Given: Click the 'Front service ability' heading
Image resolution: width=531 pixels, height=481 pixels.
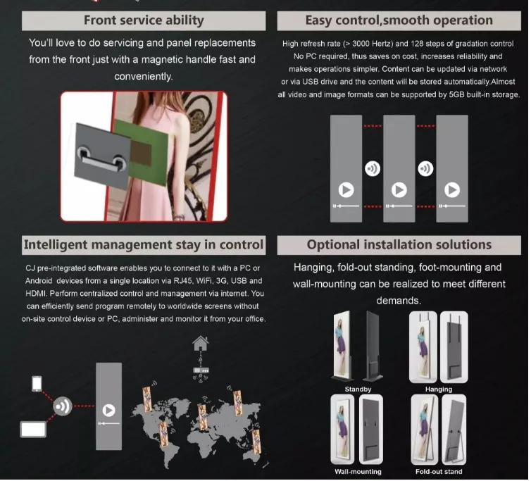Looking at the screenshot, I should (144, 20).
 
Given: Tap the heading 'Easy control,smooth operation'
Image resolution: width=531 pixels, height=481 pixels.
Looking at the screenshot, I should (399, 20).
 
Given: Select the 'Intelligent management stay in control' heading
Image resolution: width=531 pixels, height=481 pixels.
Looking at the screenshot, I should (144, 245).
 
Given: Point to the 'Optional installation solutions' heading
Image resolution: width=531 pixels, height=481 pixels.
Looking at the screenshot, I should (399, 245).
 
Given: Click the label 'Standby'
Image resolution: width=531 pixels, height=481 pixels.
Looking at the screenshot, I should (358, 389).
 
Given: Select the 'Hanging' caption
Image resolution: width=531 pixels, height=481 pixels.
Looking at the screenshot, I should (439, 389).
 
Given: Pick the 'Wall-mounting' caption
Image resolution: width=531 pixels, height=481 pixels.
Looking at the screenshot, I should (358, 471).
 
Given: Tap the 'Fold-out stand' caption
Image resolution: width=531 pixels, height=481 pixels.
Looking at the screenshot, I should (439, 471).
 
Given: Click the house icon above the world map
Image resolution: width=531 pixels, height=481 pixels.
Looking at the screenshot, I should (201, 344).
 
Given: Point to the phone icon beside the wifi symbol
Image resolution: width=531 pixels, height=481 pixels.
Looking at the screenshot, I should (37, 384).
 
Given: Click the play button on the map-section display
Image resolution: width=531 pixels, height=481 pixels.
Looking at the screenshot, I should (108, 410).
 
